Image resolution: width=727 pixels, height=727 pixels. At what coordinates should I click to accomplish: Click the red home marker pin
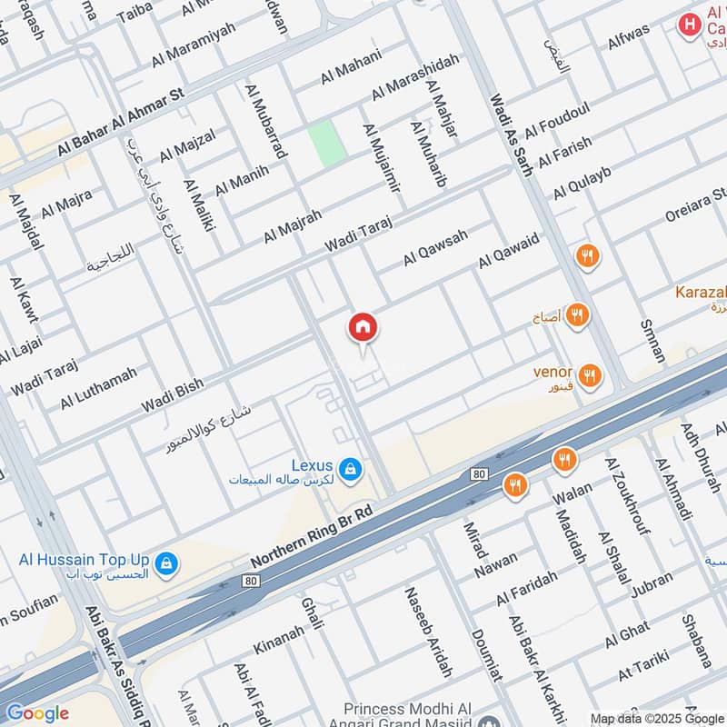(x=363, y=329)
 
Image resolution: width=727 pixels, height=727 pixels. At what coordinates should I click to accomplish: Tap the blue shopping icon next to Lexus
(x=352, y=470)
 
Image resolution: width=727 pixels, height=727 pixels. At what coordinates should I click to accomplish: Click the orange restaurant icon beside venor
(x=591, y=374)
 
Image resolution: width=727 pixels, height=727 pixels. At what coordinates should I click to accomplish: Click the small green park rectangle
(x=325, y=143)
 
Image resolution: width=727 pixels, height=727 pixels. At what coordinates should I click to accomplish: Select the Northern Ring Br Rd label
(x=312, y=538)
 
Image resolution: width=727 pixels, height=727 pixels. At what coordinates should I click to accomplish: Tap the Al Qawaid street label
(x=509, y=251)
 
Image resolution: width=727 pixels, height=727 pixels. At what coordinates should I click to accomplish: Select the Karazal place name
(x=700, y=293)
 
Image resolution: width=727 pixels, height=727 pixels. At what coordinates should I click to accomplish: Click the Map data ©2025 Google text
(x=657, y=718)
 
